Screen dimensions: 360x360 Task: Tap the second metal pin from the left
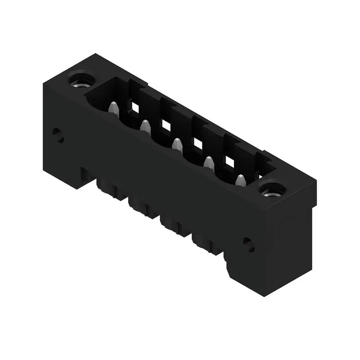pos(145,126)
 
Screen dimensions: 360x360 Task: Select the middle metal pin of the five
pos(177,144)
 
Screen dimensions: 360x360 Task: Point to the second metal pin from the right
pos(208,162)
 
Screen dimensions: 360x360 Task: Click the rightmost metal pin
pos(240,180)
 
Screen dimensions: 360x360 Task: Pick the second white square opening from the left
pos(166,125)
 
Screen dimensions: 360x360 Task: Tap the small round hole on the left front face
pos(57,134)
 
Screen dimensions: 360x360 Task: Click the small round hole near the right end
pos(248,244)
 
